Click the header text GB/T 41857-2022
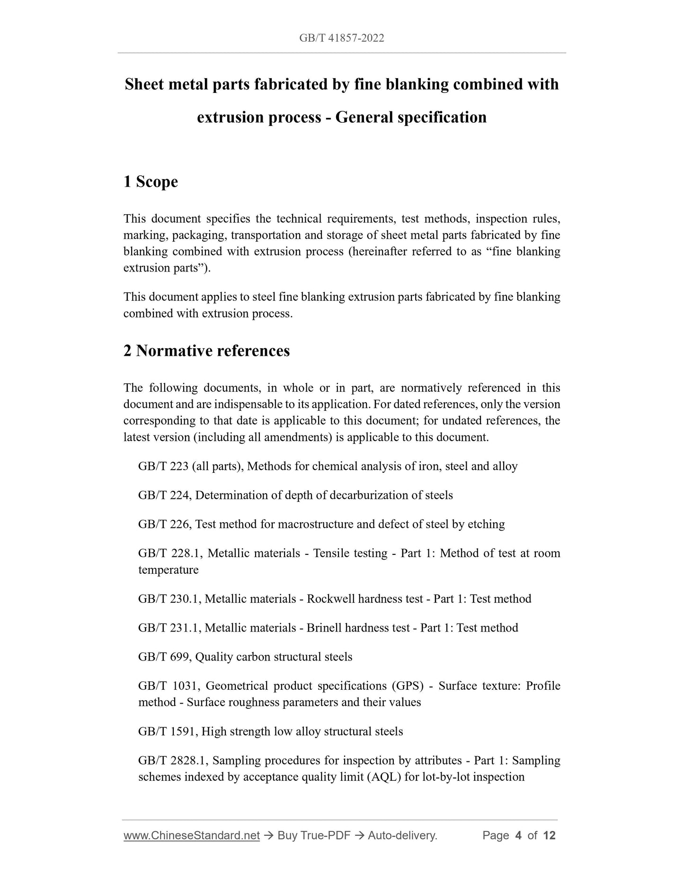(x=341, y=38)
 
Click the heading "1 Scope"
(x=151, y=181)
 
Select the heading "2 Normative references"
(x=206, y=351)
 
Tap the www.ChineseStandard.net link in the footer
(x=191, y=849)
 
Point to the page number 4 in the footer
(x=518, y=849)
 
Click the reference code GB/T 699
(x=164, y=657)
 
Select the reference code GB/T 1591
(x=168, y=731)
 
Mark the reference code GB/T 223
(x=163, y=466)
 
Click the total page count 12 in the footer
(x=549, y=849)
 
